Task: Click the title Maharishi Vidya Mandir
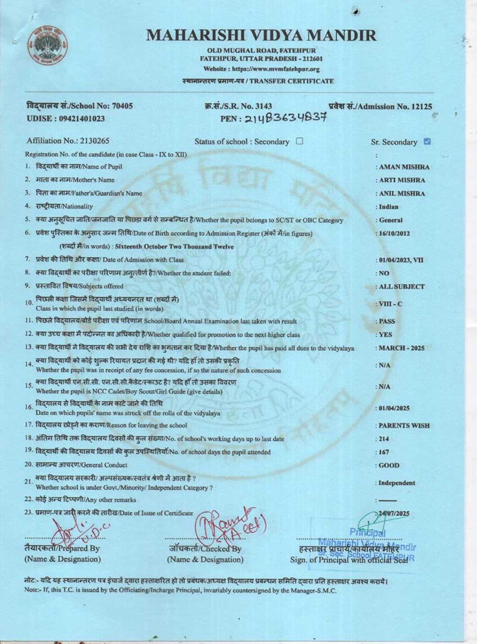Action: click(x=261, y=35)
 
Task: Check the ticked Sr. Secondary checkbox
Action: click(x=427, y=141)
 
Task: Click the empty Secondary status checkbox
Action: click(x=300, y=141)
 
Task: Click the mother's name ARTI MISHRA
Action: click(x=402, y=180)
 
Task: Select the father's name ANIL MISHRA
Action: click(x=402, y=194)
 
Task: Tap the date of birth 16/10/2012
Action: click(x=394, y=234)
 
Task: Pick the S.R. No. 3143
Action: click(x=263, y=106)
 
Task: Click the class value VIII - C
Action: click(x=390, y=304)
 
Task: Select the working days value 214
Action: click(x=384, y=439)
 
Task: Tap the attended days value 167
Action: click(x=384, y=452)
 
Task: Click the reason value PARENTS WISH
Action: click(x=404, y=426)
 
